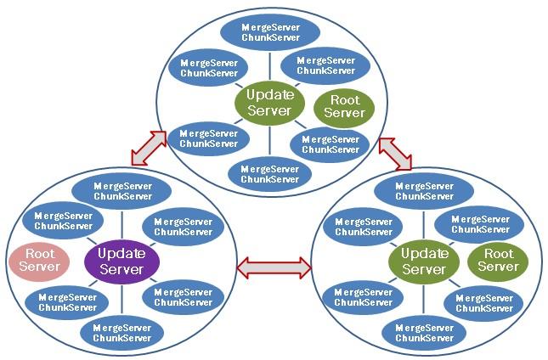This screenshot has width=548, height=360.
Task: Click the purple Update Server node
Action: [x=121, y=262]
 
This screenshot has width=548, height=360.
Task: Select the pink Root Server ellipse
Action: [x=40, y=260]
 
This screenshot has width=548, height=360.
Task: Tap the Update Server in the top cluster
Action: [x=269, y=103]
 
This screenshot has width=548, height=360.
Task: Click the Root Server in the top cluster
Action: [x=344, y=107]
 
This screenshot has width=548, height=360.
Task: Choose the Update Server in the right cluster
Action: [x=424, y=262]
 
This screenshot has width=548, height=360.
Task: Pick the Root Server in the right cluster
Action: [x=498, y=260]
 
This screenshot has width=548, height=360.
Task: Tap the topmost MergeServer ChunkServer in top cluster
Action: [x=269, y=32]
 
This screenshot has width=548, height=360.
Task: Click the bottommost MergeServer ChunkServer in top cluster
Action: [x=269, y=173]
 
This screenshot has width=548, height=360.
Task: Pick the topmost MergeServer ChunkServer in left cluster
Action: [x=122, y=191]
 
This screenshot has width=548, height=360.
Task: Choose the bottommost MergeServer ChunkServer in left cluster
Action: [x=121, y=333]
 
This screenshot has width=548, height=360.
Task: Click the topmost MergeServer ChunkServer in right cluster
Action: [x=425, y=191]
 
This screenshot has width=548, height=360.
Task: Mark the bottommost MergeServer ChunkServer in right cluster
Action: [x=424, y=333]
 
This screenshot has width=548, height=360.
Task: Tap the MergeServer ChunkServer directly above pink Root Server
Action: [x=63, y=221]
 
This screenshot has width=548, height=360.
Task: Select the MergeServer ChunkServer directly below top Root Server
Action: [x=330, y=144]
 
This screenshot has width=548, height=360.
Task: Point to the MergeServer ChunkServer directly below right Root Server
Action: [x=483, y=301]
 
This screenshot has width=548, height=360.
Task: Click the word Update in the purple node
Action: [x=121, y=253]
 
